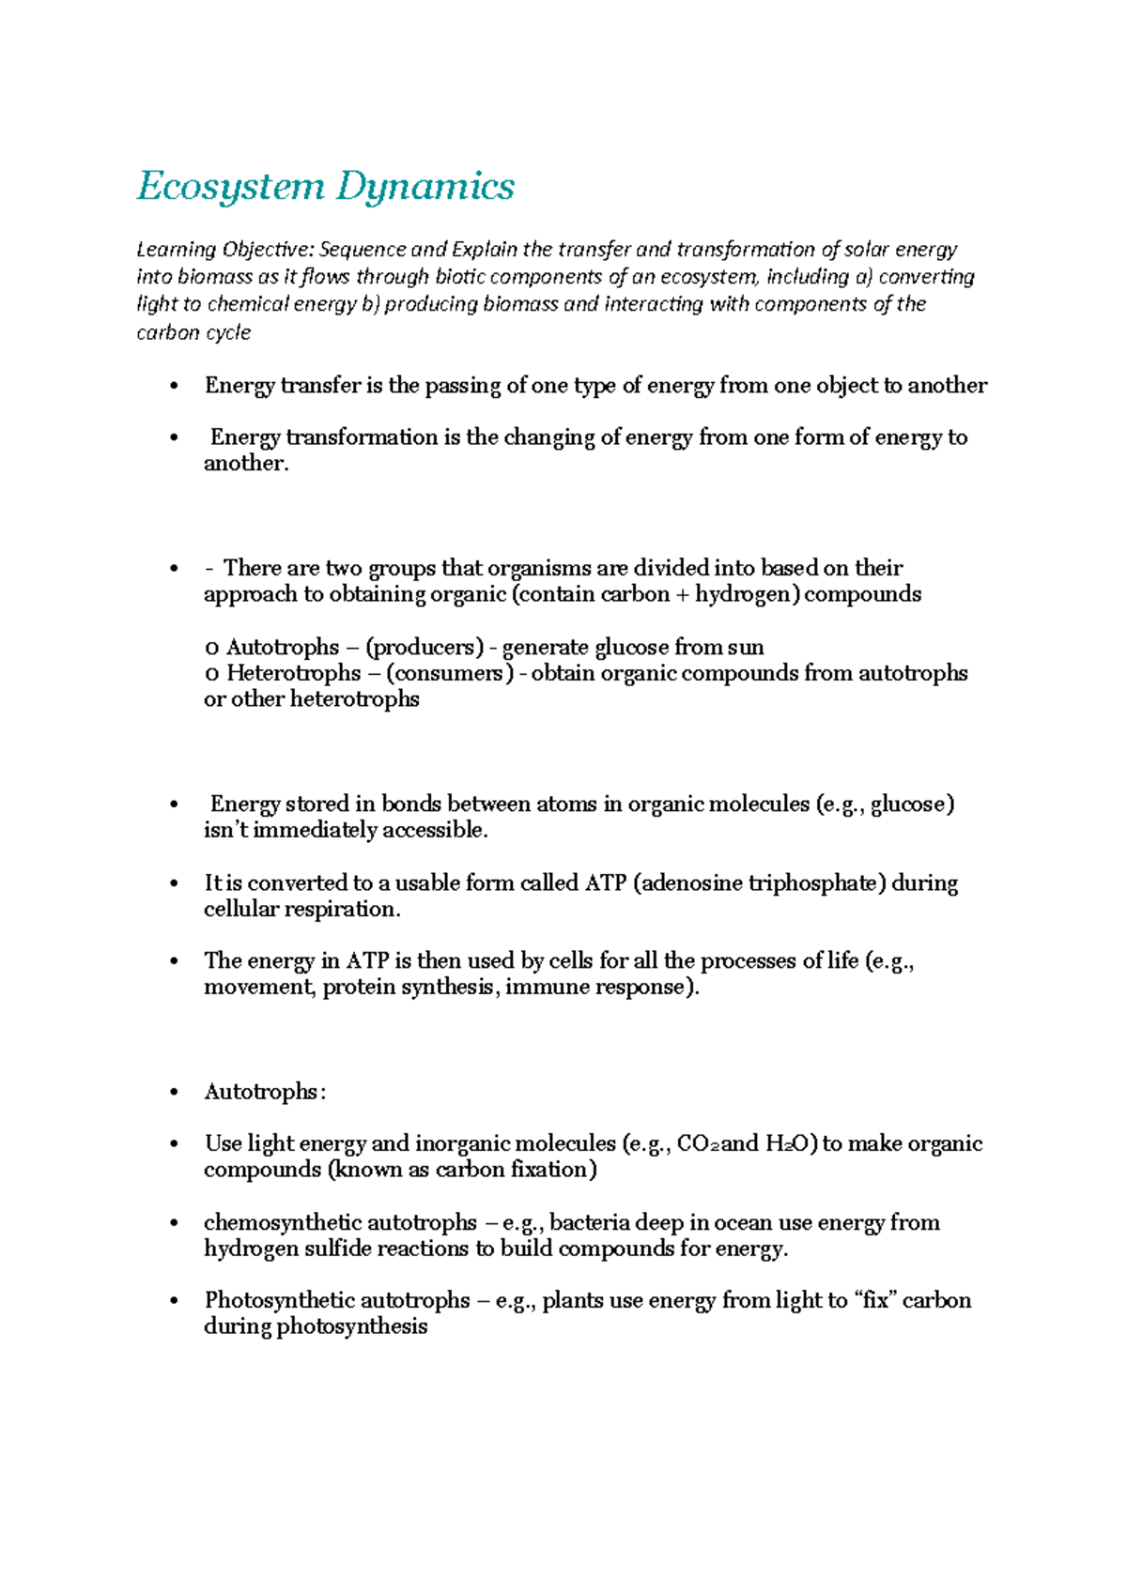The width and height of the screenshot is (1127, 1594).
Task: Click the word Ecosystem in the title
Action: (x=230, y=186)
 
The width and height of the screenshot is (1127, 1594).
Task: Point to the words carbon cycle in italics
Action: (x=193, y=332)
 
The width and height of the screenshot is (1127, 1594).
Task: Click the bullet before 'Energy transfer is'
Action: (x=174, y=387)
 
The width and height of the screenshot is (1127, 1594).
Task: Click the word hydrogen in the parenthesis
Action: (x=742, y=594)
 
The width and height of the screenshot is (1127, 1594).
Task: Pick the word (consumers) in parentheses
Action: (x=450, y=673)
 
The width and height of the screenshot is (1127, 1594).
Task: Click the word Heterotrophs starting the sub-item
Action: (x=293, y=673)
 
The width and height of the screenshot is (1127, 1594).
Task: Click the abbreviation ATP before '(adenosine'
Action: (x=605, y=883)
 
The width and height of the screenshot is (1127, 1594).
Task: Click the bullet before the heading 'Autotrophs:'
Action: (x=174, y=1093)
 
